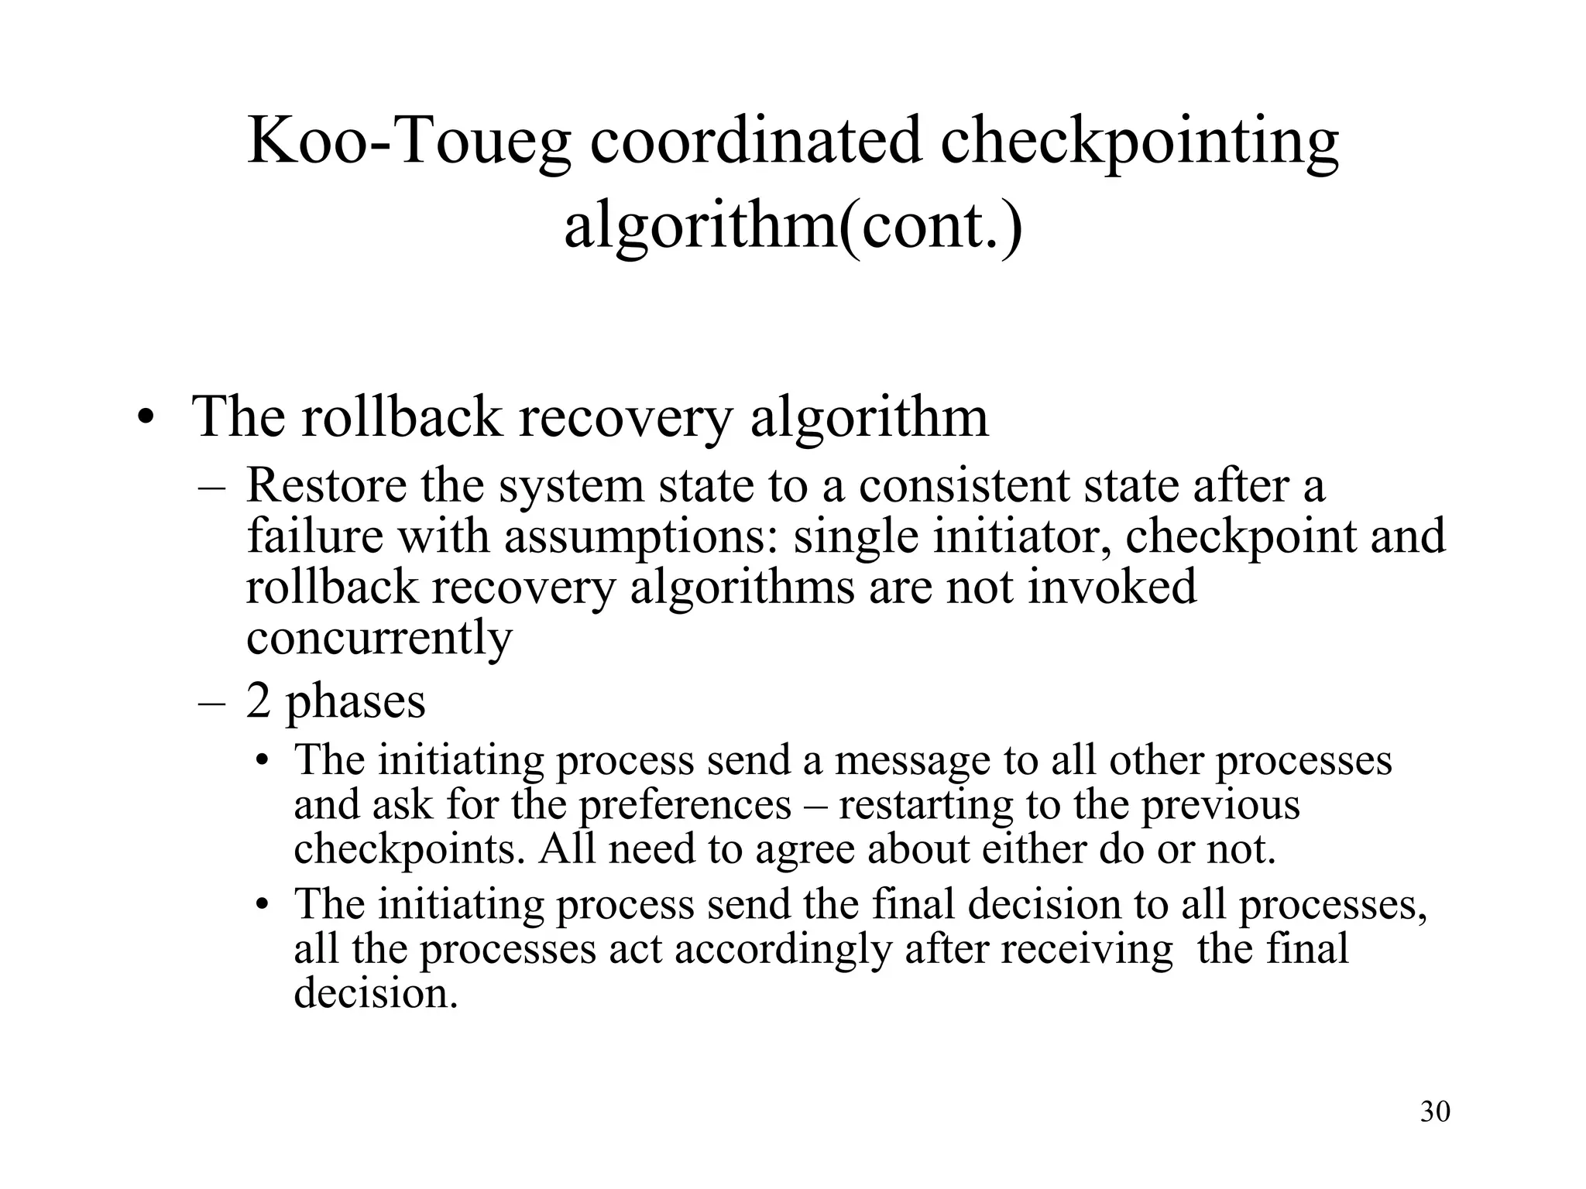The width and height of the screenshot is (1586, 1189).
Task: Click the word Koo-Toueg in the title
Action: pyautogui.click(x=409, y=142)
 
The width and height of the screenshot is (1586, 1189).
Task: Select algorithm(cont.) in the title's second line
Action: pyautogui.click(x=793, y=226)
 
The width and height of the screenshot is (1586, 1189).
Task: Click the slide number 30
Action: pyautogui.click(x=1435, y=1112)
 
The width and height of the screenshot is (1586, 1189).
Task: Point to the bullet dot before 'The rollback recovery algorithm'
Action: pyautogui.click(x=144, y=419)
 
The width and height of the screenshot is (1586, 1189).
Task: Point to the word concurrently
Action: pyautogui.click(x=379, y=638)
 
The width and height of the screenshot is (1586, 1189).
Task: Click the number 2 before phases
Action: pyautogui.click(x=258, y=701)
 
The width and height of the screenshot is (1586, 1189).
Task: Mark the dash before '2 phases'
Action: pyautogui.click(x=211, y=701)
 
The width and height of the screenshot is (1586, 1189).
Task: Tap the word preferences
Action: pyautogui.click(x=685, y=805)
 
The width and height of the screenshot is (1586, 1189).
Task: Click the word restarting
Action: pyautogui.click(x=925, y=805)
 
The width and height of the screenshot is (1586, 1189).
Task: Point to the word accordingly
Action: pyautogui.click(x=784, y=949)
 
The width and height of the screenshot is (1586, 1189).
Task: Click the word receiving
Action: pyautogui.click(x=1087, y=949)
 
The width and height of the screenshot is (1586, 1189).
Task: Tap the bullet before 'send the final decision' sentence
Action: pyautogui.click(x=263, y=904)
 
